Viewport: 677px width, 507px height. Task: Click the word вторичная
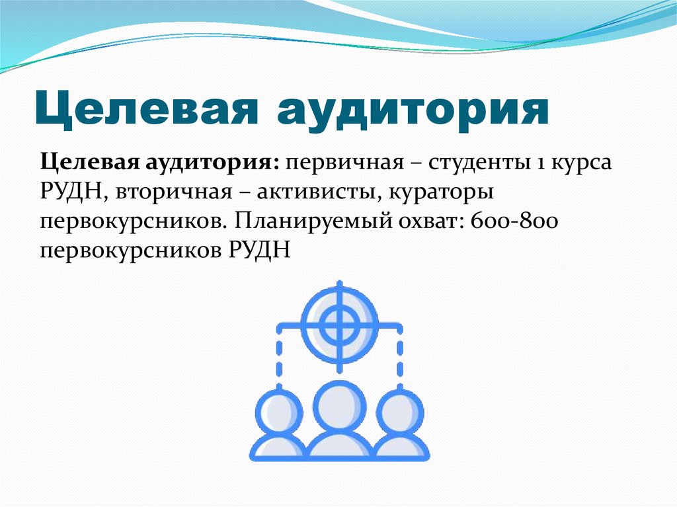click(174, 192)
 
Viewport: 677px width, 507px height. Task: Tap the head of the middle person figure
click(339, 405)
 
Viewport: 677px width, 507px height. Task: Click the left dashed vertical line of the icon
click(279, 357)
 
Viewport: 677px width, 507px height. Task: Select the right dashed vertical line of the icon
click(400, 357)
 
